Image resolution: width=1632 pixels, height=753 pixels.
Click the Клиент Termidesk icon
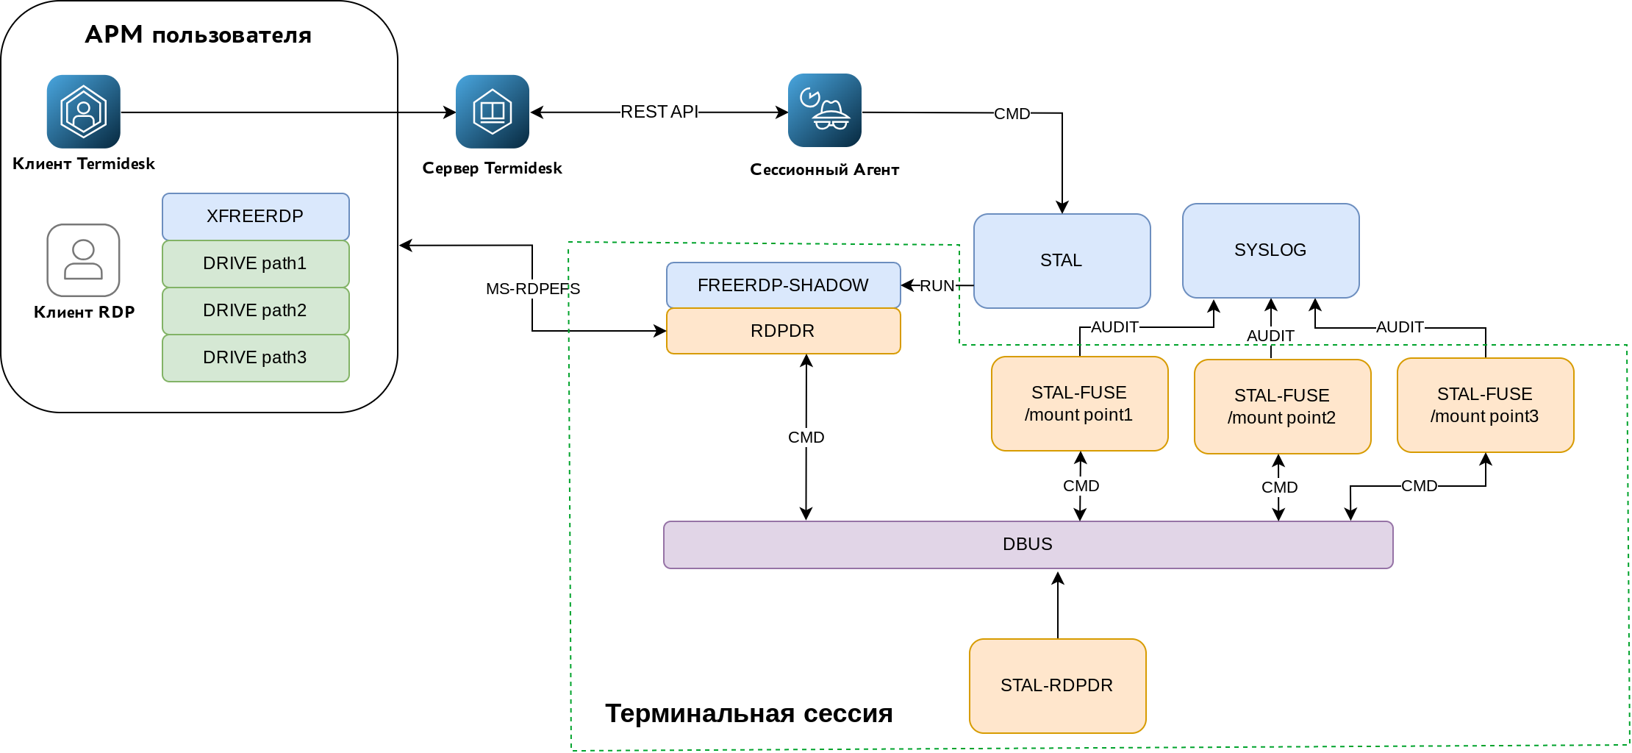(x=84, y=112)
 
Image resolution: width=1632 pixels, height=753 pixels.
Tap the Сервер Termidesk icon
(x=493, y=112)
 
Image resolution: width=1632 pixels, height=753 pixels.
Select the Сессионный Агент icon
(x=825, y=110)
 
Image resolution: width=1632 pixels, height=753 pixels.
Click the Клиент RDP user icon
(x=84, y=260)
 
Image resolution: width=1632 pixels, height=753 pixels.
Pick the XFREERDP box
(x=255, y=216)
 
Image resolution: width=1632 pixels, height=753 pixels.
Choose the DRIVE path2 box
(x=255, y=310)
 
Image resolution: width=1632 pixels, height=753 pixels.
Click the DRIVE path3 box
(x=255, y=357)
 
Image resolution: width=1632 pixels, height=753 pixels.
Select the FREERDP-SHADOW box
(x=783, y=285)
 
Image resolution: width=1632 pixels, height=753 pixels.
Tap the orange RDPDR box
(x=783, y=331)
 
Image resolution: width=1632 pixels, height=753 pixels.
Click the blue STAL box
(x=1062, y=260)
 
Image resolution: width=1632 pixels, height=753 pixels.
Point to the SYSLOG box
(x=1270, y=250)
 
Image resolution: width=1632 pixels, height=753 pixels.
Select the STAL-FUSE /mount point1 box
(x=1079, y=404)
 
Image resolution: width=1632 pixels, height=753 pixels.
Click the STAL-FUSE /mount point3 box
(x=1485, y=405)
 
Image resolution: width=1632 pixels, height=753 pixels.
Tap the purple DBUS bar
(x=1028, y=544)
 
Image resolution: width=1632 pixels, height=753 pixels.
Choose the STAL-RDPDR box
(x=1057, y=685)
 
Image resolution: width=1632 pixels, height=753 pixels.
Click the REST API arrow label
(x=659, y=112)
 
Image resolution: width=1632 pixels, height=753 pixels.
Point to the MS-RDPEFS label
(x=533, y=289)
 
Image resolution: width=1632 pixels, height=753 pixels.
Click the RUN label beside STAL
(x=937, y=286)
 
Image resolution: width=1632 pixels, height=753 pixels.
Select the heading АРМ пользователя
(x=198, y=35)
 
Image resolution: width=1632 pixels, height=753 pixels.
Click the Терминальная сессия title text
(x=748, y=713)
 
